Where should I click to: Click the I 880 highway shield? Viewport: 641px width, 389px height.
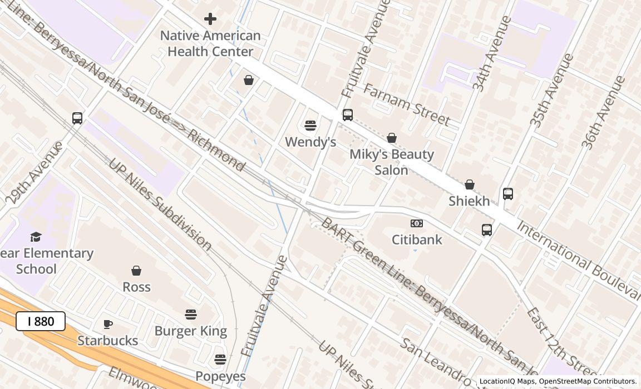[41, 321]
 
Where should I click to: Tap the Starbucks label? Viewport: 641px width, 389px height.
[107, 340]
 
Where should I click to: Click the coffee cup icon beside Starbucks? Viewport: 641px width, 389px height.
[108, 324]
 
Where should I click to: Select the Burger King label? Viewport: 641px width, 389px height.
[190, 331]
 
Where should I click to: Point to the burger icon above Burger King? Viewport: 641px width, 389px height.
[191, 315]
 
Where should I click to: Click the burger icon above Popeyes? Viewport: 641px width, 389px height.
[220, 359]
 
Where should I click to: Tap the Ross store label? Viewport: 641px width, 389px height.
[136, 287]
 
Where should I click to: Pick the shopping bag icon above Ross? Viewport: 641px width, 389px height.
[136, 271]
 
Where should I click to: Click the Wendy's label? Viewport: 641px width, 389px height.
[310, 142]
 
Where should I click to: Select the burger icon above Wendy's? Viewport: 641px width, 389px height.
[310, 126]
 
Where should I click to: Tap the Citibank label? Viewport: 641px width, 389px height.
[417, 240]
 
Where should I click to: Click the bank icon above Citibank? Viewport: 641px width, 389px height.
[417, 223]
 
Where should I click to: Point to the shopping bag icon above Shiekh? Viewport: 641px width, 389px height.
[470, 184]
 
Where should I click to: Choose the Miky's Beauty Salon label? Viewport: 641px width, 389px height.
[392, 162]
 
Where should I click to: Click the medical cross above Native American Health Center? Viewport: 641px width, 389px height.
[210, 19]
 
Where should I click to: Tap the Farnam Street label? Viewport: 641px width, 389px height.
[406, 104]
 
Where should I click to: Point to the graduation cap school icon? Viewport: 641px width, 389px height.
[36, 237]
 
